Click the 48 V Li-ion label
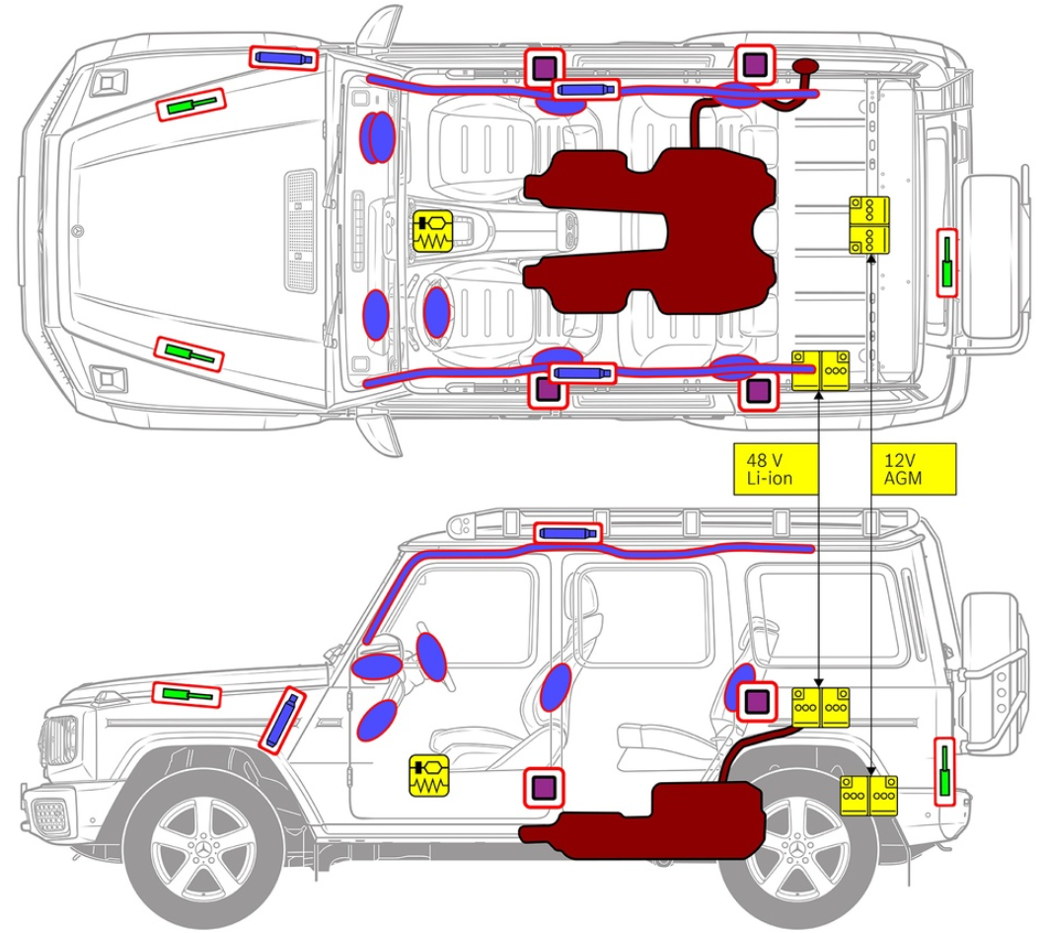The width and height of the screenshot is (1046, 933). coord(777,468)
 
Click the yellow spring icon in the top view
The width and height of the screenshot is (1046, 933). coord(431,232)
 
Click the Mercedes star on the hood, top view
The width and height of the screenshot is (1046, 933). coord(78,231)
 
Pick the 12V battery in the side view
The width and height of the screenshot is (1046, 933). coord(869,796)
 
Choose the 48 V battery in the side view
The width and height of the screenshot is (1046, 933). coord(821,707)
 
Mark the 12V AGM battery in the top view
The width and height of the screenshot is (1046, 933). coord(869,224)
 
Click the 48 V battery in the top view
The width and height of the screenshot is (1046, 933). coord(821,369)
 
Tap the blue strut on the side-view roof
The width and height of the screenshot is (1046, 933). coord(567,533)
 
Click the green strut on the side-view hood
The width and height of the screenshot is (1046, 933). coord(187,694)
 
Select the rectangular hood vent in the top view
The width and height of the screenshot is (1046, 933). coord(300,230)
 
